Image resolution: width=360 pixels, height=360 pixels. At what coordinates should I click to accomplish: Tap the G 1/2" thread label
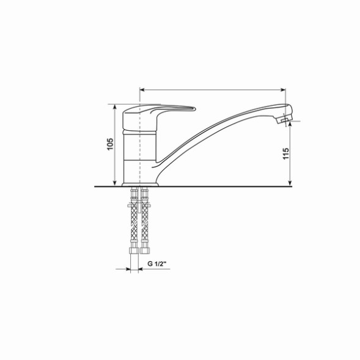(158, 265)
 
